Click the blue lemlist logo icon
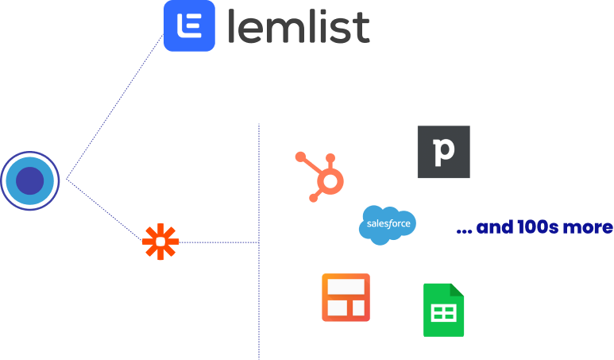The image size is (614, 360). (x=189, y=25)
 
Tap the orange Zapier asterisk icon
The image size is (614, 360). (x=160, y=242)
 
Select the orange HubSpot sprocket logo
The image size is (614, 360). (x=322, y=175)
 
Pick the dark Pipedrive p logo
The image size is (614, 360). (x=443, y=152)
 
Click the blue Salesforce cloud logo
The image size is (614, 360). (x=387, y=225)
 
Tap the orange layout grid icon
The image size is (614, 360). (x=346, y=297)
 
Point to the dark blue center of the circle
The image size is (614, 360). (x=30, y=181)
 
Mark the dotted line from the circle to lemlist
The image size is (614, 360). (x=115, y=111)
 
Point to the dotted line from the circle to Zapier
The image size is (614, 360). (x=103, y=211)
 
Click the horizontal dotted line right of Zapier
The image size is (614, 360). (x=218, y=242)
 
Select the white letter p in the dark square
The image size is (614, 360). (x=442, y=153)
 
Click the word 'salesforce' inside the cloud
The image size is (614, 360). (x=388, y=224)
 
